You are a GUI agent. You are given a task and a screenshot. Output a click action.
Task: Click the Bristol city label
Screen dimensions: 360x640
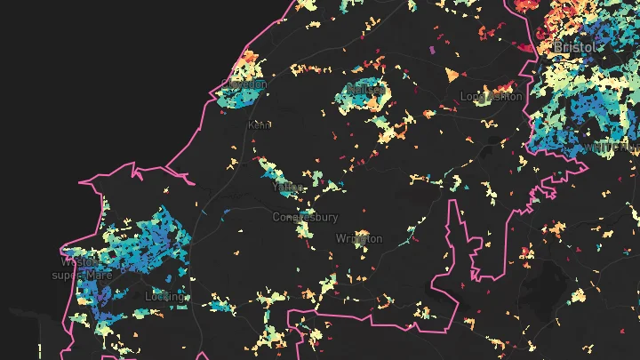[x=574, y=46]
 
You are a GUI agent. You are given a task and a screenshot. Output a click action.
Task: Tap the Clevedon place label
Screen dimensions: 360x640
[x=249, y=84]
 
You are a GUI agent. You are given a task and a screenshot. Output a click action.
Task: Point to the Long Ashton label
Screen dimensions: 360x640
[x=492, y=96]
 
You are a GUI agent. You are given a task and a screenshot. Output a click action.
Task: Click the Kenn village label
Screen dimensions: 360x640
[x=260, y=125]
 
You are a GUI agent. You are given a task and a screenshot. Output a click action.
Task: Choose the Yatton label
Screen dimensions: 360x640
[x=288, y=188]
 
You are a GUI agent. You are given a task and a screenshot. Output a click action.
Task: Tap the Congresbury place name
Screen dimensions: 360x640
[x=305, y=217]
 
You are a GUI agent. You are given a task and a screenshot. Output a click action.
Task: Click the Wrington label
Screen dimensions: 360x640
[x=359, y=238]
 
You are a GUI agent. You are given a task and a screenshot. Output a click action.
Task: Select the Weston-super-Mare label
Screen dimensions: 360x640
[x=86, y=268]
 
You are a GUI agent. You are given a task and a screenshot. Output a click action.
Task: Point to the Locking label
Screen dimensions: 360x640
[x=169, y=295]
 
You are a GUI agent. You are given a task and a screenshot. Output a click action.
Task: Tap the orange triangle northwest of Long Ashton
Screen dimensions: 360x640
[x=452, y=73]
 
